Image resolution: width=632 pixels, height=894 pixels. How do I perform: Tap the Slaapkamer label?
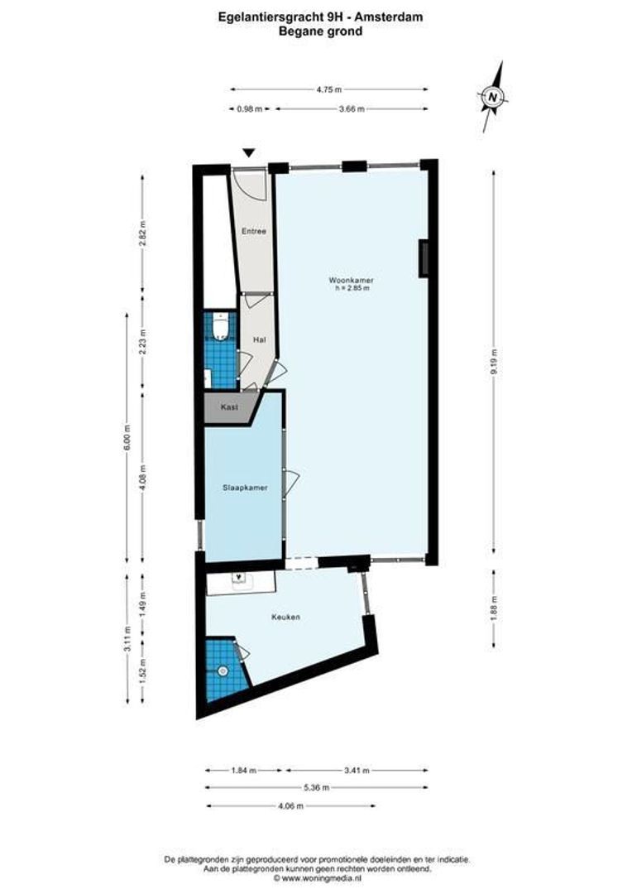pos(245,488)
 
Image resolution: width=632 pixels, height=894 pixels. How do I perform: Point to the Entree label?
pos(253,231)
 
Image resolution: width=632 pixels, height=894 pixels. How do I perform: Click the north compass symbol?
pos(493,97)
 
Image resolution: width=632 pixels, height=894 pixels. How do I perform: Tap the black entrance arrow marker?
pos(249,152)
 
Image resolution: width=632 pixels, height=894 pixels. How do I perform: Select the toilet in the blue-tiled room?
pos(220,330)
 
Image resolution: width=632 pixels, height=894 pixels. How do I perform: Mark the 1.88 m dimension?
pos(494,608)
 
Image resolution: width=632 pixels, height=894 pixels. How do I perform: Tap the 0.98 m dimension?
pos(249,108)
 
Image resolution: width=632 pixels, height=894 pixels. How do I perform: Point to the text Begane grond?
pos(316,31)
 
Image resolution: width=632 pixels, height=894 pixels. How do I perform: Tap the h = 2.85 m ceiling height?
pos(352,288)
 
